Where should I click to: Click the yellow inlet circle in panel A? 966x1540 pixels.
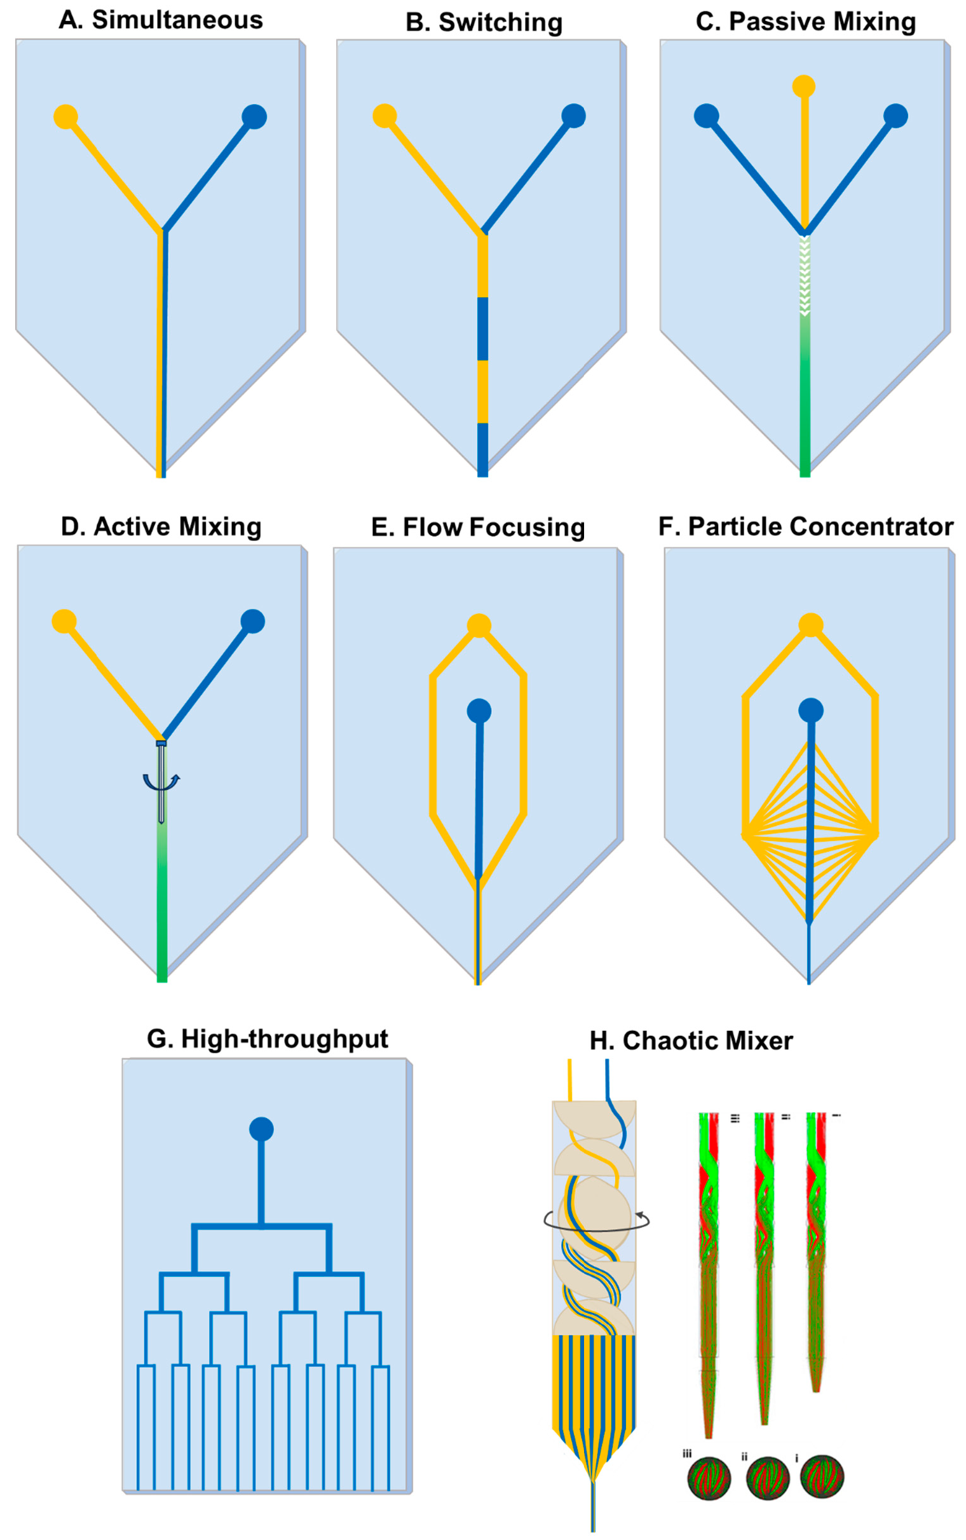66,117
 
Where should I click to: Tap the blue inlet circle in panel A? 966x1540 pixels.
254,117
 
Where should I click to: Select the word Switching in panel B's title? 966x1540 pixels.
500,22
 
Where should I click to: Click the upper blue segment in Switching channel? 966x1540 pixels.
483,329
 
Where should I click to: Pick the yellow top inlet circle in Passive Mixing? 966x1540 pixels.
804,86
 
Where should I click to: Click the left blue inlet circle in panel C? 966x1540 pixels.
707,116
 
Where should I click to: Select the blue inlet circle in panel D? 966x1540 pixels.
253,622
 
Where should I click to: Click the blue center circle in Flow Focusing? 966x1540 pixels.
479,711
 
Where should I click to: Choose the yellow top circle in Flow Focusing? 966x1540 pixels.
479,625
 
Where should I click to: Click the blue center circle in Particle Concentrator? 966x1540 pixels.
811,711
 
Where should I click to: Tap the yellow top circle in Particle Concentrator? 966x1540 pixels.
811,625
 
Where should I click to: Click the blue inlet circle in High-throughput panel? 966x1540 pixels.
261,1129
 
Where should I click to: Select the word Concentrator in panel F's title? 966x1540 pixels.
871,527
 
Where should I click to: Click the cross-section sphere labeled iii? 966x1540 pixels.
709,1478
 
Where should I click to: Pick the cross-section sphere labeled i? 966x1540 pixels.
822,1477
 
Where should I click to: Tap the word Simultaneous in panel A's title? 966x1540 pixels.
177,20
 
